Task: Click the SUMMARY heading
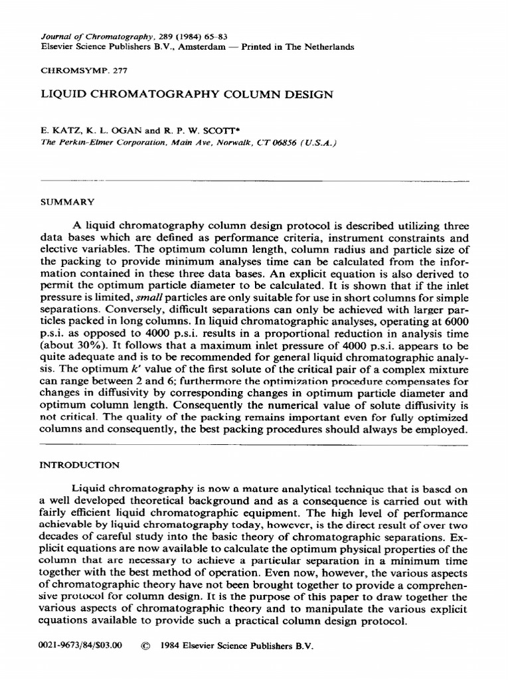pyautogui.click(x=67, y=200)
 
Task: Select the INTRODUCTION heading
pyautogui.click(x=80, y=466)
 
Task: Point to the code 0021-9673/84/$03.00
pyautogui.click(x=82, y=645)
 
